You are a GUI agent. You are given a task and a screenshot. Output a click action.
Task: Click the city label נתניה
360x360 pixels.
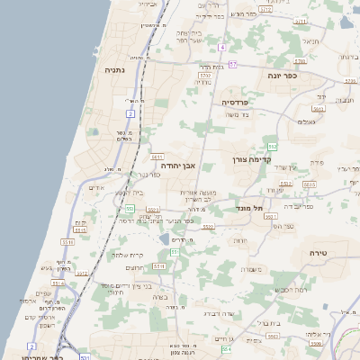[x=115, y=69]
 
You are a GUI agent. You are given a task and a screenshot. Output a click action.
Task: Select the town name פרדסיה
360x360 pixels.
[x=240, y=103]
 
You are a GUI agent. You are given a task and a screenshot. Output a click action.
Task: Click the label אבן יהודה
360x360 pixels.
[x=178, y=166]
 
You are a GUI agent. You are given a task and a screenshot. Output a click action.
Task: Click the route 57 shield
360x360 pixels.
[x=232, y=65]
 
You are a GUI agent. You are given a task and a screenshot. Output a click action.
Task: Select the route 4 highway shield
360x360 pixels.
[x=130, y=114]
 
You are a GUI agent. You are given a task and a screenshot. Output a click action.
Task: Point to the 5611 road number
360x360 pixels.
[x=157, y=157]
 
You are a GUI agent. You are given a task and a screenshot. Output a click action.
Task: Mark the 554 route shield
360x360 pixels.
[x=227, y=348]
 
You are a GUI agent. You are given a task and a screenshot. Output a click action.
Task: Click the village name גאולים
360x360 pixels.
[x=306, y=121]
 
